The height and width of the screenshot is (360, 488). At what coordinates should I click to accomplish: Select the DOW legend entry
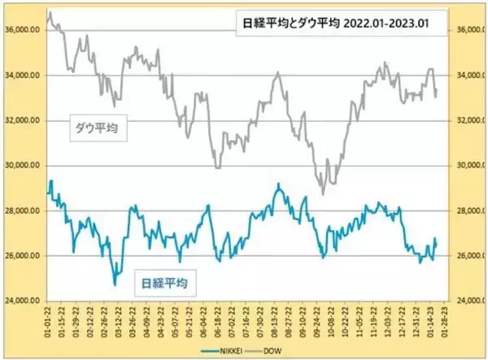pyautogui.click(x=290, y=349)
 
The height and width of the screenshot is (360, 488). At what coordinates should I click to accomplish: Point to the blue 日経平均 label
pyautogui.click(x=166, y=283)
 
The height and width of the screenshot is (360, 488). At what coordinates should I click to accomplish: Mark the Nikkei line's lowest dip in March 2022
pyautogui.click(x=115, y=284)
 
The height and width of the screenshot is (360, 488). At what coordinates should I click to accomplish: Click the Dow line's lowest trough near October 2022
pyautogui.click(x=323, y=194)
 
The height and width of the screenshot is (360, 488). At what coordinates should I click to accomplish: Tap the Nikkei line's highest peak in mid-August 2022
pyautogui.click(x=277, y=184)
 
